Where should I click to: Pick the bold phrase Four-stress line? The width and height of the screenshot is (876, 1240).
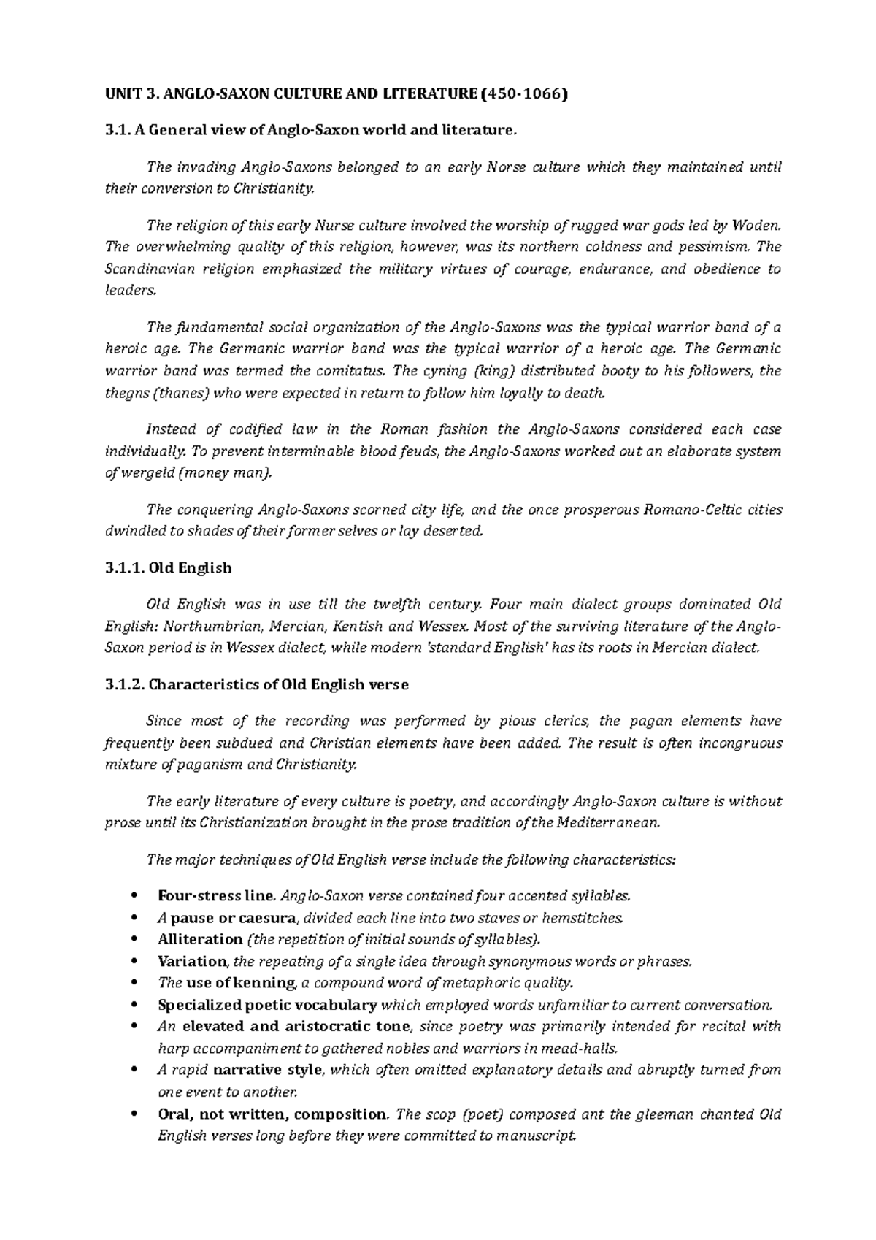coord(216,896)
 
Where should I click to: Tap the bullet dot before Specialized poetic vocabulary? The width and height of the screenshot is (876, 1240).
coord(132,1005)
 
